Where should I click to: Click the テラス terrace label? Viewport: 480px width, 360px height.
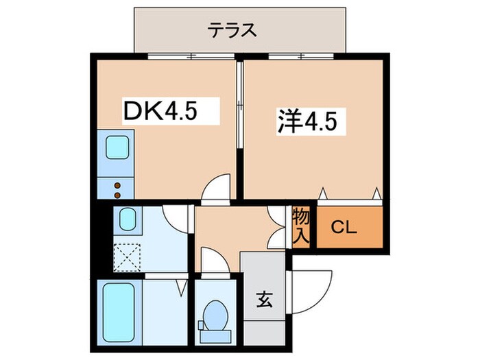(x=233, y=29)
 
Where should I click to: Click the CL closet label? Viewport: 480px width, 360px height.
(x=346, y=228)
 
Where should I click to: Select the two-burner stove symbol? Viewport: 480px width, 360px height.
(x=117, y=186)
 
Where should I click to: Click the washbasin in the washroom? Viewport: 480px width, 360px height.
(x=128, y=220)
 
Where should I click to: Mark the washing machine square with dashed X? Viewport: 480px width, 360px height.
(x=127, y=255)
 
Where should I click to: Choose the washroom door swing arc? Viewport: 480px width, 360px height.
(x=178, y=218)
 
